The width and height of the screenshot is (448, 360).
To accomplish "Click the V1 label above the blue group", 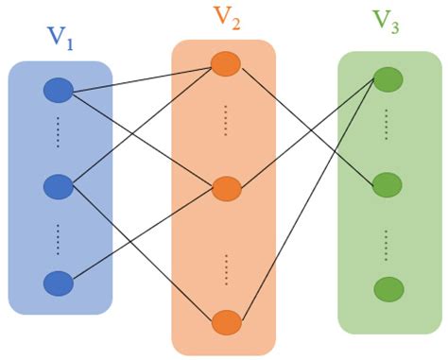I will click(60, 40).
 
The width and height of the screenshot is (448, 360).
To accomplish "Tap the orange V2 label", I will click(226, 18).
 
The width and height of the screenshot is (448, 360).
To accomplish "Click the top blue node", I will click(59, 91).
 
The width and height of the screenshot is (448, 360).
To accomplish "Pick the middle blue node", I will click(59, 187).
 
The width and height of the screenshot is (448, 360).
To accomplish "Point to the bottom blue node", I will click(59, 283).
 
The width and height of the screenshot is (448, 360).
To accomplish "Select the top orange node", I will click(225, 64).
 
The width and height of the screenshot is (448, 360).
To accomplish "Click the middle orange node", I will click(226, 188).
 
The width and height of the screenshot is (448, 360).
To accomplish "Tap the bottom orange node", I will click(225, 322).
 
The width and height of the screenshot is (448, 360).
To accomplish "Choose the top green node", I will click(388, 78).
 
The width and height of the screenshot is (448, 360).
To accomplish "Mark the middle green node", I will click(388, 185).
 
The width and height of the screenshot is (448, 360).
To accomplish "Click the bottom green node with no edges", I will click(388, 288).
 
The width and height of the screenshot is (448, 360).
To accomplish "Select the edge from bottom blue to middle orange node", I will click(142, 235).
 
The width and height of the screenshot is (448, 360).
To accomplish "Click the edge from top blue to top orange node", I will click(142, 77).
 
